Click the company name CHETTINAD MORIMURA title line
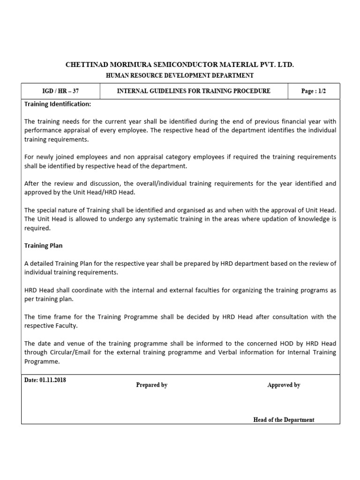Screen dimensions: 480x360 [180, 64]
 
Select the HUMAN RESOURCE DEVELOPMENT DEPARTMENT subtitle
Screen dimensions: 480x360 [180, 75]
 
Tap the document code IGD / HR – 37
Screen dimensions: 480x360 [60, 91]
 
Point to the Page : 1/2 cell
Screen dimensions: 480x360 [314, 91]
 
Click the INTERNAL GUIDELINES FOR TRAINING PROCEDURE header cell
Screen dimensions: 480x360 [194, 91]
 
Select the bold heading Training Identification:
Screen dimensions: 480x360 [58, 104]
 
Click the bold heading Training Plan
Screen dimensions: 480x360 [43, 245]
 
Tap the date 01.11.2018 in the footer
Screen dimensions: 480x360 [52, 380]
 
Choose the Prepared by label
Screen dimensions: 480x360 [151, 385]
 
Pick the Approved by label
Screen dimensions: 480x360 [284, 385]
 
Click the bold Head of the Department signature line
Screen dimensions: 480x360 [284, 420]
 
